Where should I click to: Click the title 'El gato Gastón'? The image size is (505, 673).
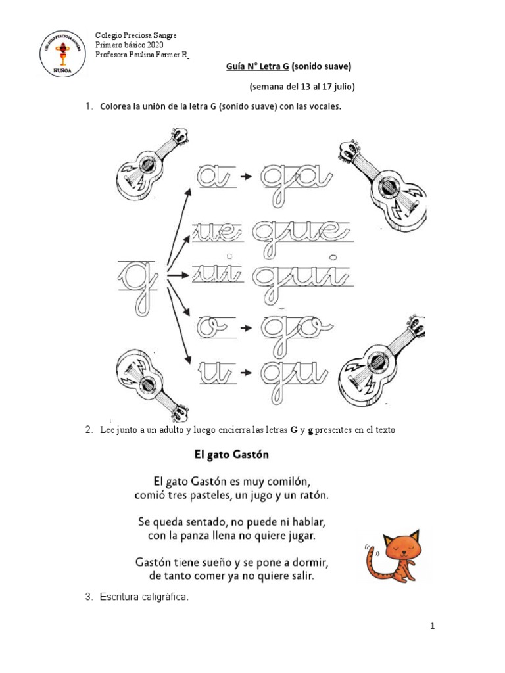(232, 454)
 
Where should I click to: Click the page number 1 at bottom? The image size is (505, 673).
(433, 626)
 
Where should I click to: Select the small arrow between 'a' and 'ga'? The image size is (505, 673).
(244, 177)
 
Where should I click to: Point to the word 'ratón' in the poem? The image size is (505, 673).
(307, 492)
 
